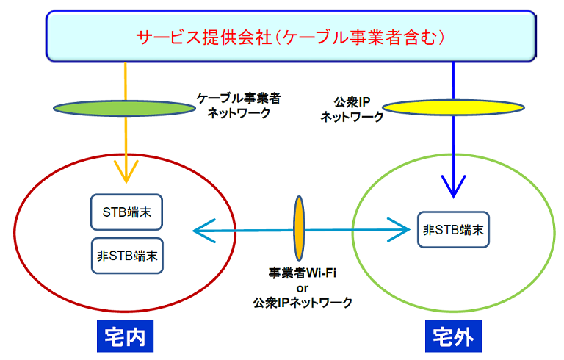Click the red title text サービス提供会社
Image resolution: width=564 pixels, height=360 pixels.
tap(204, 37)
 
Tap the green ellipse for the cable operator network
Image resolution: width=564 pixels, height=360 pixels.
tap(124, 108)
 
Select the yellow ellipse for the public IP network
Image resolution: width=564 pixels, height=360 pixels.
tap(453, 107)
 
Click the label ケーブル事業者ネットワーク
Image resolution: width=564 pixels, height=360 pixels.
tap(239, 106)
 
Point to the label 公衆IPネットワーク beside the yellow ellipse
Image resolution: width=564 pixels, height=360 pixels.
tap(352, 109)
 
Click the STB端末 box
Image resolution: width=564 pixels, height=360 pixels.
tap(126, 212)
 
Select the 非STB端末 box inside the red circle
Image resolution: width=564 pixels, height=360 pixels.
tap(127, 256)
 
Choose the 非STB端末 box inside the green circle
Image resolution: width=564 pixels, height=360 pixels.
tap(453, 230)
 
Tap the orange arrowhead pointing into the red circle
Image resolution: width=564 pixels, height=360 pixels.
tap(126, 172)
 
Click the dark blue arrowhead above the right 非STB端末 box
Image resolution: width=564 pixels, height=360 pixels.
tap(454, 187)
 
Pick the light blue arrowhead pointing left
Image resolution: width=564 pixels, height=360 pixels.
tap(204, 231)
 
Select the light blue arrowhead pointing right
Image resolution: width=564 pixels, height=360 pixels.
tap(399, 230)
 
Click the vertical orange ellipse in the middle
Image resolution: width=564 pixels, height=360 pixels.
tap(299, 228)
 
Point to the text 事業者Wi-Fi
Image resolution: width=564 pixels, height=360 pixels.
tap(302, 273)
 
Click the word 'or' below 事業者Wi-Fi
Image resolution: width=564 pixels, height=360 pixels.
tap(302, 288)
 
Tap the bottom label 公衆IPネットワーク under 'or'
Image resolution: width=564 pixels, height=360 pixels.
tap(303, 303)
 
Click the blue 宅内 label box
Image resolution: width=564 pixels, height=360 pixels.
tap(125, 336)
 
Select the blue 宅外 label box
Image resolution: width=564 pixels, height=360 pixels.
tap(453, 336)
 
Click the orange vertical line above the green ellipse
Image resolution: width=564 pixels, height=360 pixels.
tap(125, 82)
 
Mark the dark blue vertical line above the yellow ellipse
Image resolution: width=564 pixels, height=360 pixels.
tap(453, 81)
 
